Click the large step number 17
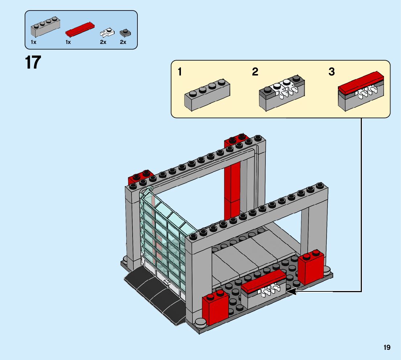pyautogui.click(x=33, y=62)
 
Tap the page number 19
pyautogui.click(x=387, y=347)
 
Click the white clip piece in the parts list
pyautogui.click(x=107, y=33)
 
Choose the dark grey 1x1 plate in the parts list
pyautogui.click(x=125, y=33)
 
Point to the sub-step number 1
pyautogui.click(x=180, y=72)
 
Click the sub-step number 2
pyautogui.click(x=255, y=72)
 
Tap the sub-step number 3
pyautogui.click(x=331, y=72)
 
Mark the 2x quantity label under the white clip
pyautogui.click(x=103, y=42)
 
